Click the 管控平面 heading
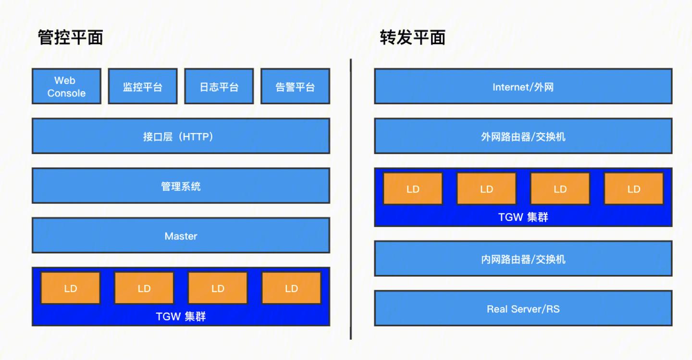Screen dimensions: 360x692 (70, 37)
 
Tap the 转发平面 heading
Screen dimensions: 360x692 (412, 37)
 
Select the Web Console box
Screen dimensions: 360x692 (66, 87)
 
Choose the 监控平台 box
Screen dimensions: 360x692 (143, 87)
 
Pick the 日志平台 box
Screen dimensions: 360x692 (219, 87)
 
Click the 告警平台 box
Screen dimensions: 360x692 (295, 87)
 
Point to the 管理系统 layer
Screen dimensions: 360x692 (181, 186)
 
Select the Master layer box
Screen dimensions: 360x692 (181, 236)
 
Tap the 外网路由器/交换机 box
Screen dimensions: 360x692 (523, 137)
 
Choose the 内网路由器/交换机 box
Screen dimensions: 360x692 (523, 259)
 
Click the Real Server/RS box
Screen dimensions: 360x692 (523, 309)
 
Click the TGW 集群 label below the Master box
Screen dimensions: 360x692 (181, 317)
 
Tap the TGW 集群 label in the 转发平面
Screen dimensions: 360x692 (523, 217)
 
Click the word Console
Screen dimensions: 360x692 (66, 93)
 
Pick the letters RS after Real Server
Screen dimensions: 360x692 (552, 309)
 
